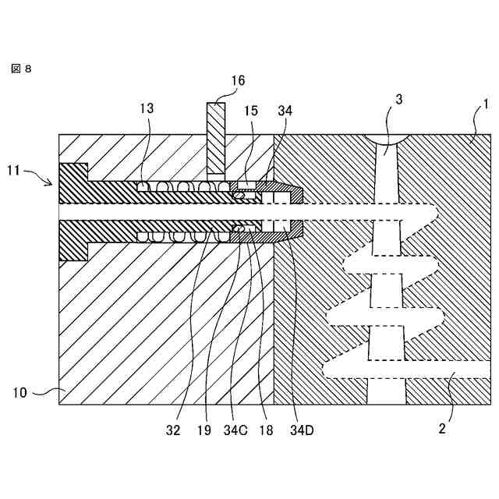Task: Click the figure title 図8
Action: pos(21,69)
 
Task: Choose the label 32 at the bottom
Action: pos(173,429)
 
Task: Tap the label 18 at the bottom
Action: pos(265,429)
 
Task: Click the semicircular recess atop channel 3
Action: pos(388,140)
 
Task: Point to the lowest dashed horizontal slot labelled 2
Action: pos(405,369)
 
